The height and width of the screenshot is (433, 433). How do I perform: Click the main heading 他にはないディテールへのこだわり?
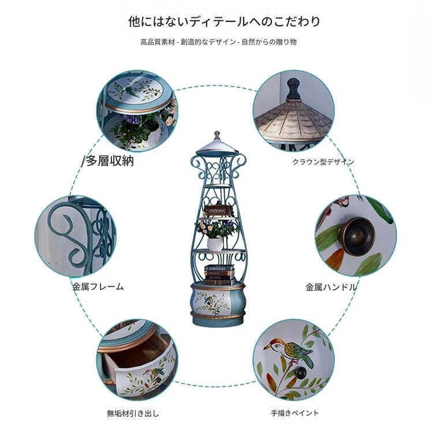coord(224,21)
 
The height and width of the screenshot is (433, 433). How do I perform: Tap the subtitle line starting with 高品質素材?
coord(218,42)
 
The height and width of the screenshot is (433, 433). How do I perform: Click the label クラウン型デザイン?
coord(323,162)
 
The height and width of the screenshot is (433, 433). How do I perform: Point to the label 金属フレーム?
coord(98,286)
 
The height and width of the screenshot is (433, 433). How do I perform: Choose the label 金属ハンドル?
coord(331,287)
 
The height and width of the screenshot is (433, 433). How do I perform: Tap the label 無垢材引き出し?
coord(133,413)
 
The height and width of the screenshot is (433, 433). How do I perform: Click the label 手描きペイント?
coord(294,413)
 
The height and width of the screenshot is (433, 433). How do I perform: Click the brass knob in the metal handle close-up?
coord(356,236)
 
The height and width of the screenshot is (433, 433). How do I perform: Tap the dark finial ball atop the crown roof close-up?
coord(293,88)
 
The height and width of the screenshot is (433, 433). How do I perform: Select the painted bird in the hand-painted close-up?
coord(290,351)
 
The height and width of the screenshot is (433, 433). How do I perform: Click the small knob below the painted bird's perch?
coord(300,372)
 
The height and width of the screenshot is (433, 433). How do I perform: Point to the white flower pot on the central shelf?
coord(215,244)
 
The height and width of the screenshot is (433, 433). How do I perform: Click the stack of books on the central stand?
coord(219,275)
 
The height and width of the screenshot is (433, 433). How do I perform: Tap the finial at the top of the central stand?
coord(217,135)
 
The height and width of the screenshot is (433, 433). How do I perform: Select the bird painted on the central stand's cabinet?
coord(210,299)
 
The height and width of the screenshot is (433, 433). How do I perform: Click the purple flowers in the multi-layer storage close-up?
coord(132,119)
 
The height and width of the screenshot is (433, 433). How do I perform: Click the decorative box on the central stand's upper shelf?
coord(216,210)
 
